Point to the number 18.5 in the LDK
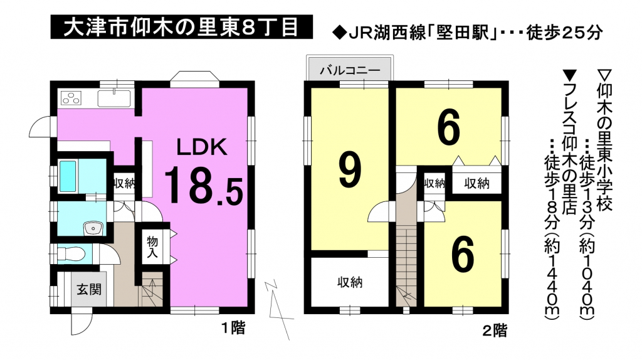[203, 186]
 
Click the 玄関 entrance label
[87, 290]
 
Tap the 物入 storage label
[152, 247]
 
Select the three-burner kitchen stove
[71, 98]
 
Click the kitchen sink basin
[113, 98]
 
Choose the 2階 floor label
[495, 329]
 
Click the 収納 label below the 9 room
[348, 283]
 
